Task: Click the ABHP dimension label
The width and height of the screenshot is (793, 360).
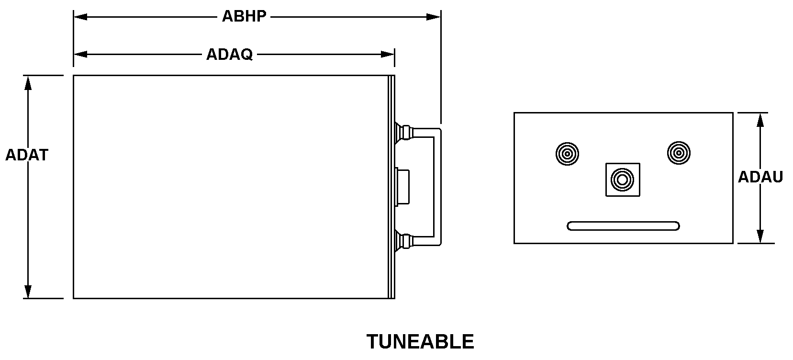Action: click(x=244, y=17)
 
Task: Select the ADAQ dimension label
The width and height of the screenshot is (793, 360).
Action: click(x=229, y=55)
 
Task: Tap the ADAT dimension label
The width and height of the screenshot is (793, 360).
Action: click(x=27, y=155)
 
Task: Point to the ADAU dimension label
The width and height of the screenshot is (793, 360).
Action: click(x=760, y=178)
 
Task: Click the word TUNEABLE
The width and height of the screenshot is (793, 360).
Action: click(x=420, y=342)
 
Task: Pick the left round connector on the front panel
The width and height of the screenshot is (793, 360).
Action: click(x=567, y=154)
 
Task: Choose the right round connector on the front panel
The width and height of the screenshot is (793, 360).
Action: click(x=678, y=153)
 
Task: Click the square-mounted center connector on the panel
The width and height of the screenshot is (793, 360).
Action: click(x=623, y=180)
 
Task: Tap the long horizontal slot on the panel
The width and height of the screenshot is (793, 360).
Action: click(x=623, y=226)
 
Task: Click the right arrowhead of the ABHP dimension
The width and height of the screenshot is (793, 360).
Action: click(x=434, y=17)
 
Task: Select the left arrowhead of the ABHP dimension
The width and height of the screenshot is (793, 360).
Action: click(x=80, y=17)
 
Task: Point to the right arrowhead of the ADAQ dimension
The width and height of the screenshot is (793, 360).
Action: click(x=388, y=55)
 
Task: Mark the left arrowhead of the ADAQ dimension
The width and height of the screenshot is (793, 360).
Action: click(x=80, y=55)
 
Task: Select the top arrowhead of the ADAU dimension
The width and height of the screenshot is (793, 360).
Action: click(x=759, y=120)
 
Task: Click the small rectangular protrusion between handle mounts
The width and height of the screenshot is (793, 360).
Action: click(x=402, y=186)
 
